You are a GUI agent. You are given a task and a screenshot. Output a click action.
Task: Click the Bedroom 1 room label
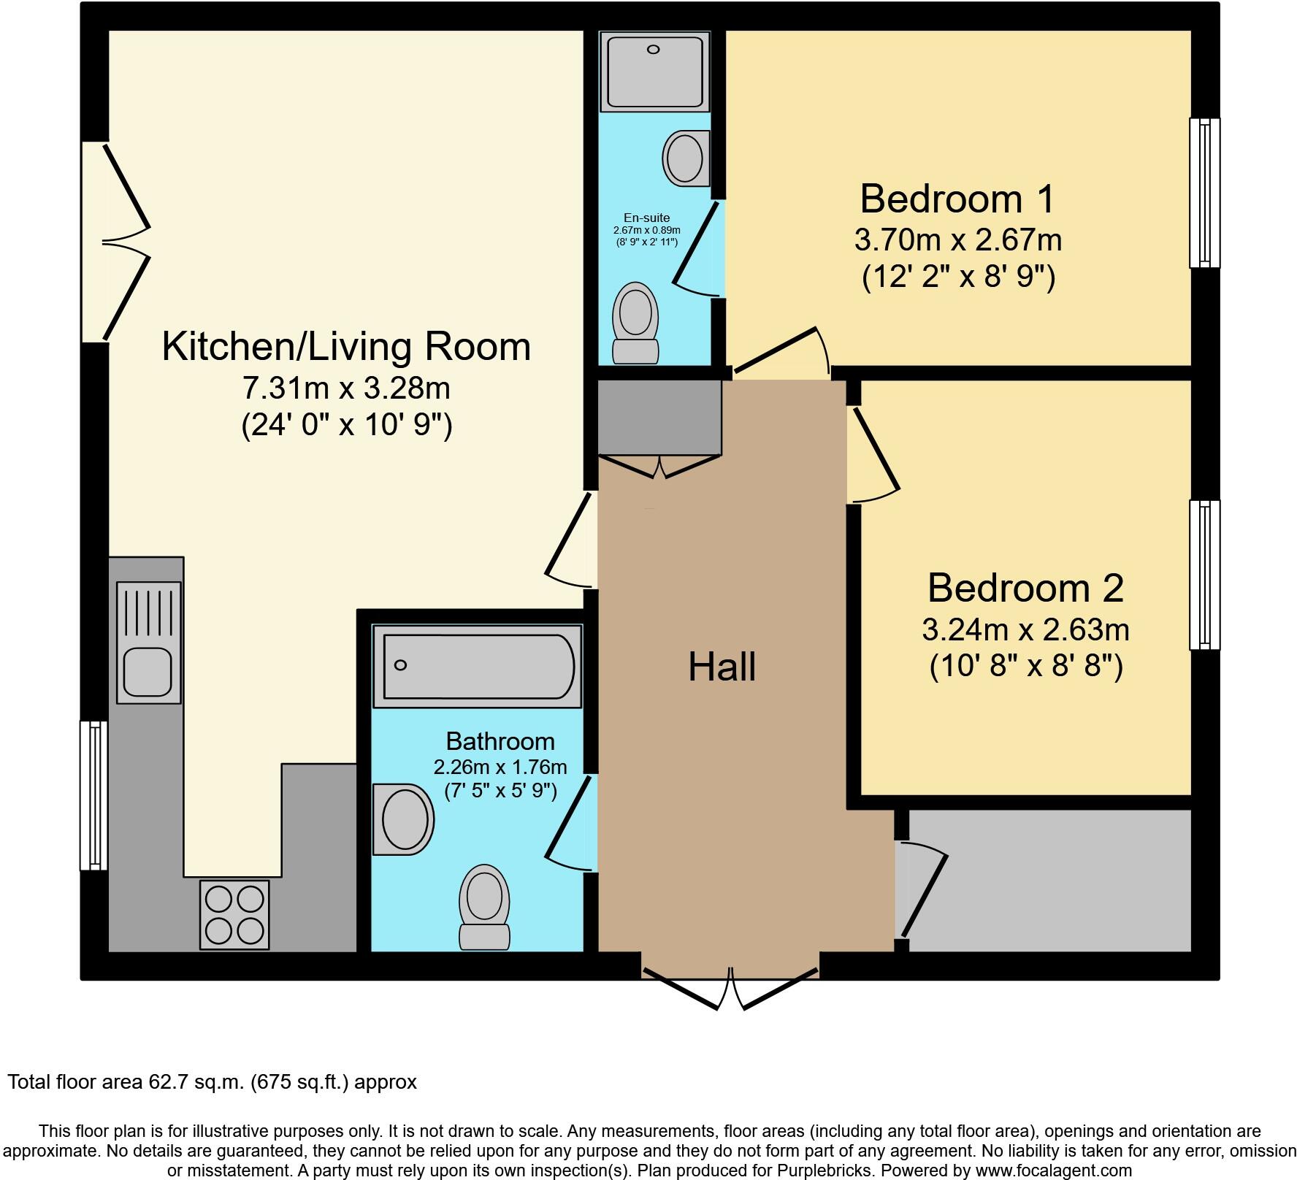click(957, 199)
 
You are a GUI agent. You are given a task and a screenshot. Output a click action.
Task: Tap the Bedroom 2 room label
click(1025, 589)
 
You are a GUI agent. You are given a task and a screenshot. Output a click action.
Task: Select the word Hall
click(722, 667)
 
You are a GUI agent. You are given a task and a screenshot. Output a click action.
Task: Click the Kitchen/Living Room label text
click(345, 347)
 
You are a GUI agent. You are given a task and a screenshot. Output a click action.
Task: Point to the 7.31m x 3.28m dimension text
click(345, 388)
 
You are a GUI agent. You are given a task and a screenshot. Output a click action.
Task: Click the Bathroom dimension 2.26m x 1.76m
click(500, 767)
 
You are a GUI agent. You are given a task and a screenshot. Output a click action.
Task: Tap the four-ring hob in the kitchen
click(234, 914)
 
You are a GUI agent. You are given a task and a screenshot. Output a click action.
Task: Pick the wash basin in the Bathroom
click(402, 819)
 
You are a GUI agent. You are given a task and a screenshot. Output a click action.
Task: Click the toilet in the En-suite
click(635, 323)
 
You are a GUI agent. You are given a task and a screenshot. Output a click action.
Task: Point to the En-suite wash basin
click(686, 158)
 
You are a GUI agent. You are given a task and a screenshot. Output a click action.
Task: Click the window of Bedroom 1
click(1204, 193)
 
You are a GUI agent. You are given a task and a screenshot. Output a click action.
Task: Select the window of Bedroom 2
click(1204, 575)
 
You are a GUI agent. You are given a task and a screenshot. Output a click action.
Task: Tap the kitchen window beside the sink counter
click(94, 795)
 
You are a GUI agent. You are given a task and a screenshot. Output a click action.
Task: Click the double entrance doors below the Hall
click(730, 988)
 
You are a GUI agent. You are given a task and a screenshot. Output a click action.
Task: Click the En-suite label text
click(646, 218)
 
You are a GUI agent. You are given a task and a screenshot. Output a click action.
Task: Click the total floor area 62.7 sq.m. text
click(212, 1082)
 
